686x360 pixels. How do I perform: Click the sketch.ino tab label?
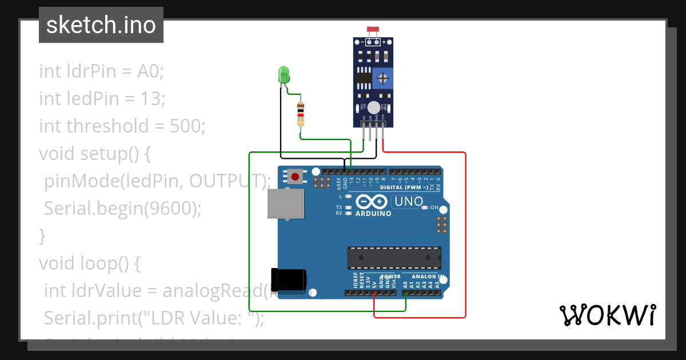101,25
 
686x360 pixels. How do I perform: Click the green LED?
284,75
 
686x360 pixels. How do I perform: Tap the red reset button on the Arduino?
296,176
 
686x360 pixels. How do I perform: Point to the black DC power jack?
289,279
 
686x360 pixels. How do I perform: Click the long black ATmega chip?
394,258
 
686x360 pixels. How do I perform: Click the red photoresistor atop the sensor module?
373,29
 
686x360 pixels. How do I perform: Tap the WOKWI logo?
607,315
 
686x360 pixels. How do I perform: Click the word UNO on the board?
409,201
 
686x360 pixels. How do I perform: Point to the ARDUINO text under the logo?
373,214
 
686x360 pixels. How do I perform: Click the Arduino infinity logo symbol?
372,201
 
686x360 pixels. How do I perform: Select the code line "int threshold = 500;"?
122,126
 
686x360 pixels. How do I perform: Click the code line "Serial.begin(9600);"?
123,209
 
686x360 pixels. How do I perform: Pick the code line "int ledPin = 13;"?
102,99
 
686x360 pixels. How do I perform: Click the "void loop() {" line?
89,263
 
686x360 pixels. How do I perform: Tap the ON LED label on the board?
434,207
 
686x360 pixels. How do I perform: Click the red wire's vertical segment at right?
466,234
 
